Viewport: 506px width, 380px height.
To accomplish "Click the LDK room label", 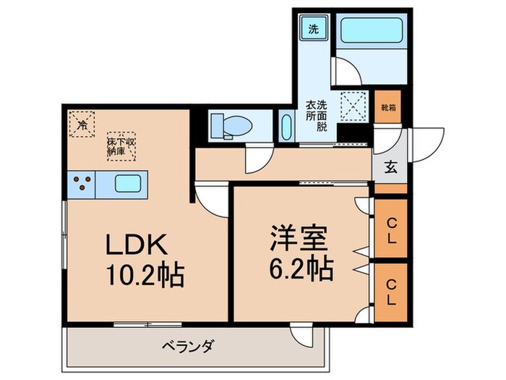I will (x=138, y=246).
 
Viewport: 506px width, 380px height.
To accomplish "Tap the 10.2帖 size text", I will (x=144, y=276).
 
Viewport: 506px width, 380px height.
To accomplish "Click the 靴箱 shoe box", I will (x=388, y=108).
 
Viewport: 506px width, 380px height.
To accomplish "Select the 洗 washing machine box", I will (x=313, y=30).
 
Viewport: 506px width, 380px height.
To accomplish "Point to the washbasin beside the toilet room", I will (x=284, y=127).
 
